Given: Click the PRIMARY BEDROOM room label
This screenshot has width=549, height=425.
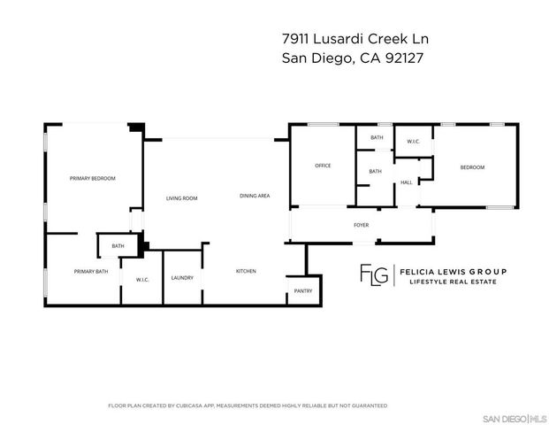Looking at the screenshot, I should [x=93, y=178].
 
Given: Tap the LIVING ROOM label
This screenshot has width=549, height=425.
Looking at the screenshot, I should [x=181, y=198].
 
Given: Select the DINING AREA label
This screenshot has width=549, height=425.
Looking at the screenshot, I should [x=255, y=195].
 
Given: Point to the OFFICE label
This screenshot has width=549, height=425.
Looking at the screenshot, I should [x=323, y=166].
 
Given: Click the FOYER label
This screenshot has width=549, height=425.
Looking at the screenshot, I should [x=361, y=225].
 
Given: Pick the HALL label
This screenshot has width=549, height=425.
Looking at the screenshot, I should [x=407, y=182].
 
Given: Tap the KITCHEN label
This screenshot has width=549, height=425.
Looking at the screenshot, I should [x=246, y=271].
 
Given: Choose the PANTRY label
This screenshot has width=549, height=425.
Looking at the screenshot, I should [x=303, y=290].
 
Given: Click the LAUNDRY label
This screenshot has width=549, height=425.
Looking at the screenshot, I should [x=183, y=278].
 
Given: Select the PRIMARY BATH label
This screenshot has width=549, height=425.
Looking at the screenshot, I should [x=90, y=272].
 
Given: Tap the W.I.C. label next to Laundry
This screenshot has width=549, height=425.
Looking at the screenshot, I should [x=141, y=281].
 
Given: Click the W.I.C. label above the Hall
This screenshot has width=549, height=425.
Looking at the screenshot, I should [x=413, y=142].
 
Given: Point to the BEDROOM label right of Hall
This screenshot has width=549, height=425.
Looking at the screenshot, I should [x=472, y=167].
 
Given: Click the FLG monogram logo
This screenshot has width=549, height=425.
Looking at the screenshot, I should [x=373, y=275].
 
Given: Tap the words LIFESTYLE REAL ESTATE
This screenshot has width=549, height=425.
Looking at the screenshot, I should [x=451, y=282].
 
